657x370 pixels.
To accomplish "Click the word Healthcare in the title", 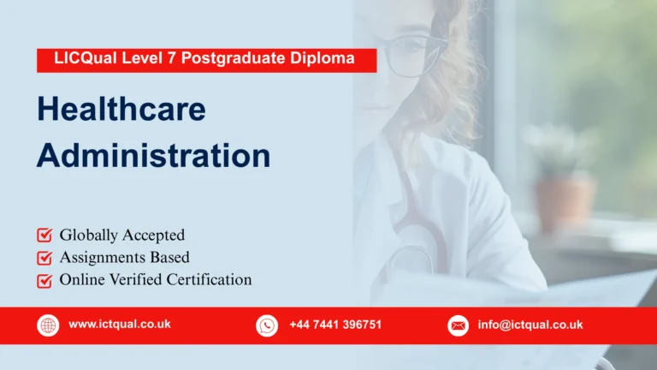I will pyautogui.click(x=121, y=110).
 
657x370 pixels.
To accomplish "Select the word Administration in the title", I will pyautogui.click(x=153, y=156).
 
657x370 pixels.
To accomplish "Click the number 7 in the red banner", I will pyautogui.click(x=163, y=60).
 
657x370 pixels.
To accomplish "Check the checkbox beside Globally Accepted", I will pyautogui.click(x=44, y=235).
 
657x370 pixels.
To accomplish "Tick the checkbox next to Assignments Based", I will pyautogui.click(x=44, y=257).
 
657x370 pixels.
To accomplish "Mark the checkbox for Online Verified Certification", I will pyautogui.click(x=44, y=280).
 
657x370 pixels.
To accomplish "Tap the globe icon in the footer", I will pyautogui.click(x=48, y=325).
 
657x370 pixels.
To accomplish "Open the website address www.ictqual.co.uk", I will pyautogui.click(x=120, y=325).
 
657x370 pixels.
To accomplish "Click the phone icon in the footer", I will pyautogui.click(x=267, y=325).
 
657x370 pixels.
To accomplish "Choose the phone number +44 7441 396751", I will pyautogui.click(x=335, y=325).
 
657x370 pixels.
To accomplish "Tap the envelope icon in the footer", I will pyautogui.click(x=459, y=325).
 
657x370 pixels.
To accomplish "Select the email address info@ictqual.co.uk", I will pyautogui.click(x=530, y=325).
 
